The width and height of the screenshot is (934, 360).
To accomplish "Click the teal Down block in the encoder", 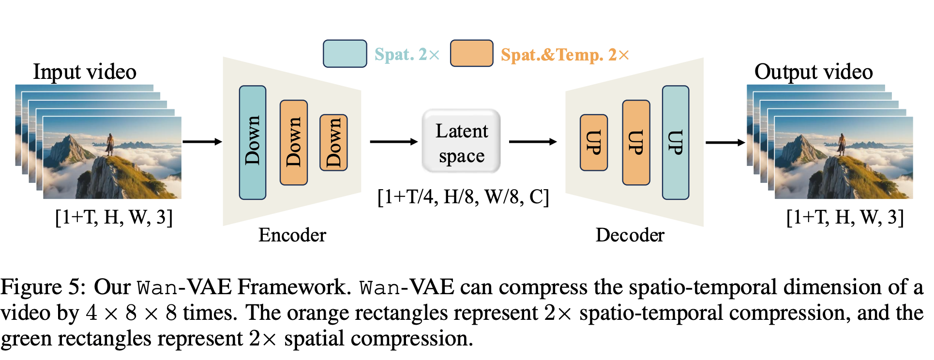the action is pos(253,143).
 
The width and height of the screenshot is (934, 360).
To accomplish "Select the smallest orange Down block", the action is pos(333,143).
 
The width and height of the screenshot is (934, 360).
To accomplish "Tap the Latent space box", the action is pos(461,141).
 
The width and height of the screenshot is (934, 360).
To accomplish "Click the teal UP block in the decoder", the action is pos(676,143).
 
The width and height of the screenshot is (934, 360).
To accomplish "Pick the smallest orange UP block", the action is pos(594,143).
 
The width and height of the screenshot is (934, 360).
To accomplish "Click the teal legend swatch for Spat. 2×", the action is pos(345,54).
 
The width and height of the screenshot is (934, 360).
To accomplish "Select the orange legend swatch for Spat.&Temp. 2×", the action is pos(472,53).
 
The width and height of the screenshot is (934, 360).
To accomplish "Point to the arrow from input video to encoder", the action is pos(202,142).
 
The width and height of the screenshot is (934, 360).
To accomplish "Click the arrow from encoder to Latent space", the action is pos(394,142).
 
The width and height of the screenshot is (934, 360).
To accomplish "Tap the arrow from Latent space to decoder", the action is pos(533,142).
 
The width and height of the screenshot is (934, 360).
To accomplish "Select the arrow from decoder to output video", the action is pos(725,142).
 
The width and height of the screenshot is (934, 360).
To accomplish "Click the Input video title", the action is pos(85,72).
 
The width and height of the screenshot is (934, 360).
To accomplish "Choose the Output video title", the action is pos(813,72).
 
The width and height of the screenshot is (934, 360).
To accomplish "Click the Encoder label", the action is pos(292,235).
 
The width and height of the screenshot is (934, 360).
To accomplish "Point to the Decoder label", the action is pos(630,235).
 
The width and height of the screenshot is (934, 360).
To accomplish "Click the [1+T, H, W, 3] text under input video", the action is pos(114,217).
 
